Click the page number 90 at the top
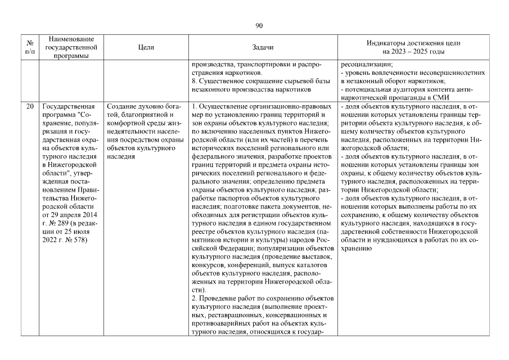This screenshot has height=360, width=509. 259,25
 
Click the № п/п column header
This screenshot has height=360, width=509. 30,48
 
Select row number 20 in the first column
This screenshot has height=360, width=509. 30,106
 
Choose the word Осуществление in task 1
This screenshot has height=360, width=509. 224,106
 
